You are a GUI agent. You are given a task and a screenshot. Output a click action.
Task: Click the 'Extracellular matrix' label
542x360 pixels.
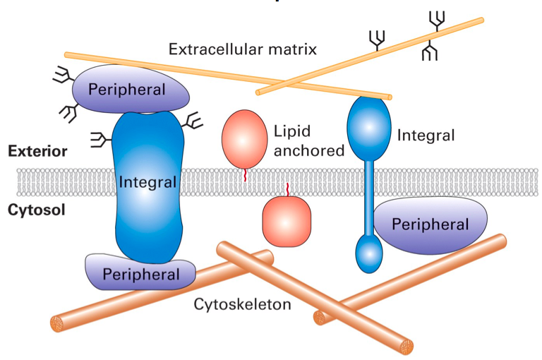pos(242,49)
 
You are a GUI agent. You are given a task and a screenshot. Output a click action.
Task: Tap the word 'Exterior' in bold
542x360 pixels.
pos(37,151)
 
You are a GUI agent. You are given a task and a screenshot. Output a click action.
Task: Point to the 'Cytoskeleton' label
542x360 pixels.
pos(243,305)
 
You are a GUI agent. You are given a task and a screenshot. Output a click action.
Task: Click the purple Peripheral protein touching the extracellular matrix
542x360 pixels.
pos(133,90)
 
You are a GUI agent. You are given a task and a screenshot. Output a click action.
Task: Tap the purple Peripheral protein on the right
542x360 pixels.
pos(430,225)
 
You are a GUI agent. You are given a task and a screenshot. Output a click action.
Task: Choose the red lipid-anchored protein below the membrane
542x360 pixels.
pos(287,220)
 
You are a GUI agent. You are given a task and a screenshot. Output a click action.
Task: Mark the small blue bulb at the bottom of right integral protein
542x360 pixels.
pos(368,253)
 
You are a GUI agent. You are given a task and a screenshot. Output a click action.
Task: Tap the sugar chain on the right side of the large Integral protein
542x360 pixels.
pos(192,124)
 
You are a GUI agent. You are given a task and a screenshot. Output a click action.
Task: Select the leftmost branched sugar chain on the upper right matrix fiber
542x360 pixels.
pos(378,41)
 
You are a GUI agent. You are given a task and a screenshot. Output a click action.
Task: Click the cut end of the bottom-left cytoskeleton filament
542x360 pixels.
pos(58,324)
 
